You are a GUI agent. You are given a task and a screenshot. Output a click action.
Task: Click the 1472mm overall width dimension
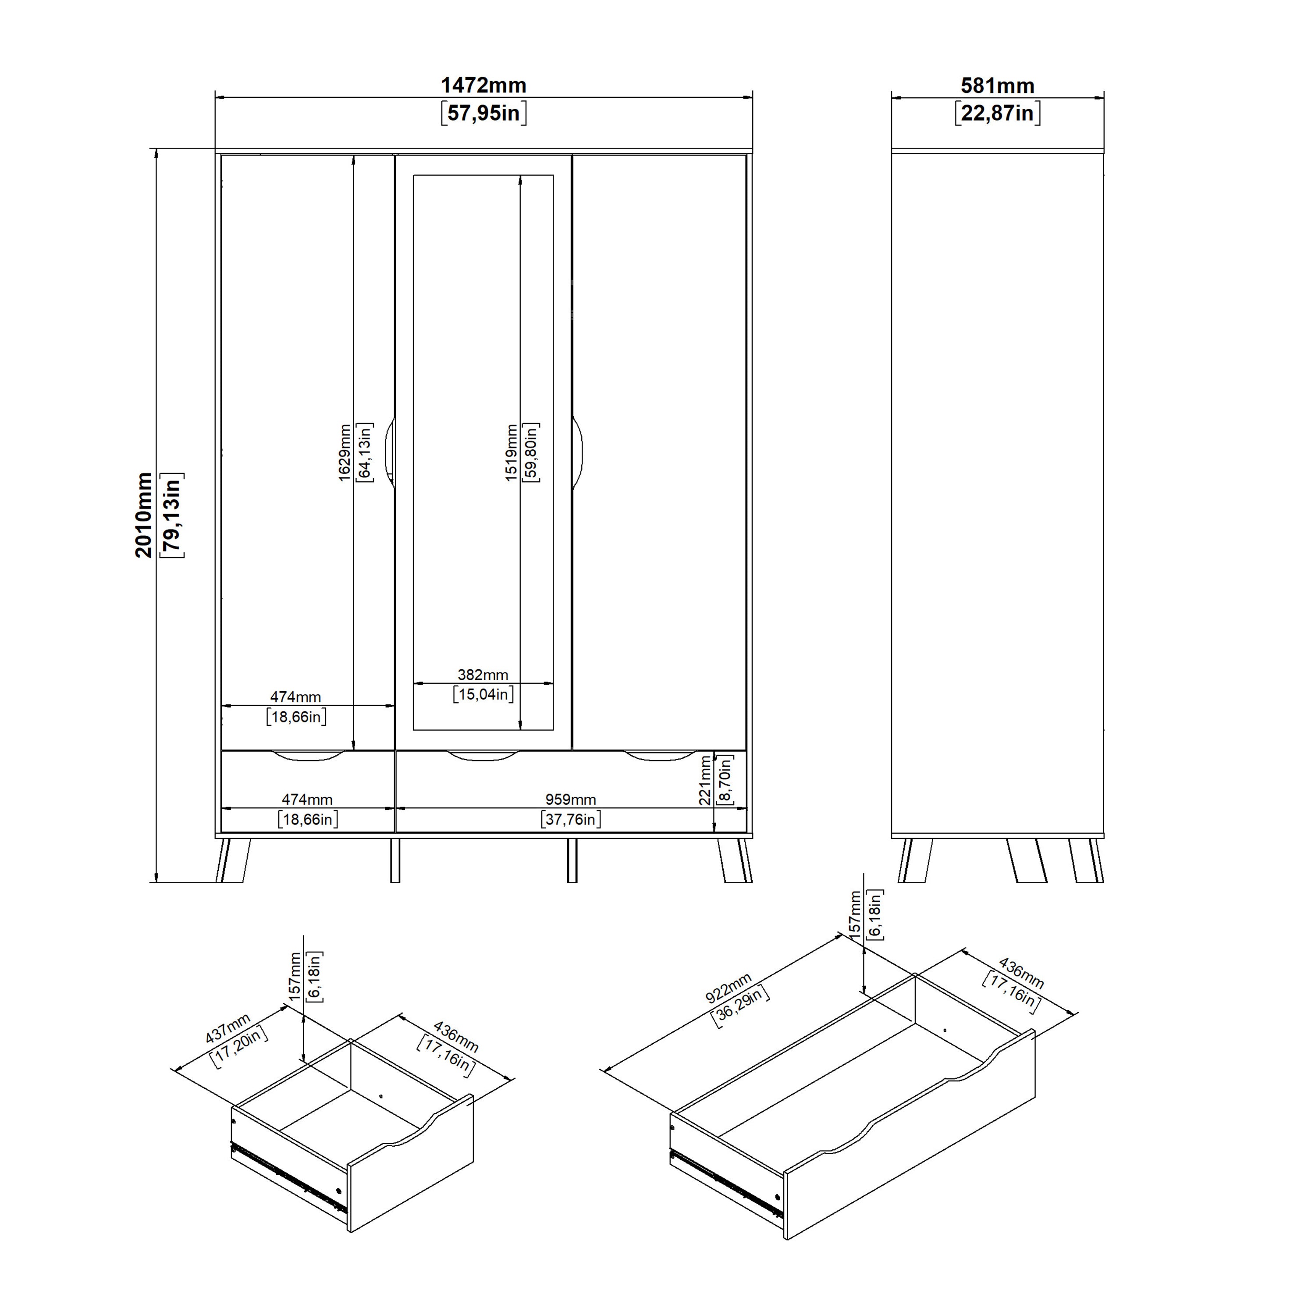483,86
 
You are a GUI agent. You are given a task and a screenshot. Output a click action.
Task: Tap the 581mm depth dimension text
997,86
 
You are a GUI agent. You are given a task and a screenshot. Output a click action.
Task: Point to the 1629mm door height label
345,453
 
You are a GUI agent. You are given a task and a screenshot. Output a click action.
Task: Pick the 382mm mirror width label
483,675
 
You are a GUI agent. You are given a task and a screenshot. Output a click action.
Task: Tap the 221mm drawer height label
706,780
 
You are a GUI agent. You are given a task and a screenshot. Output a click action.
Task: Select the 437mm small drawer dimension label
228,1028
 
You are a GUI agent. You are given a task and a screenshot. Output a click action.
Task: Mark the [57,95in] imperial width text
483,113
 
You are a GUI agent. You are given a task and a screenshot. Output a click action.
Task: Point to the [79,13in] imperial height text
171,515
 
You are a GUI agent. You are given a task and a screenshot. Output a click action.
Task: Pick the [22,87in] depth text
997,113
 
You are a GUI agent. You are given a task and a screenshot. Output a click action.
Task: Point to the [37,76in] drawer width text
570,819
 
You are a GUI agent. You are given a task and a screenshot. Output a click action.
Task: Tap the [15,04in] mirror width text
483,694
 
